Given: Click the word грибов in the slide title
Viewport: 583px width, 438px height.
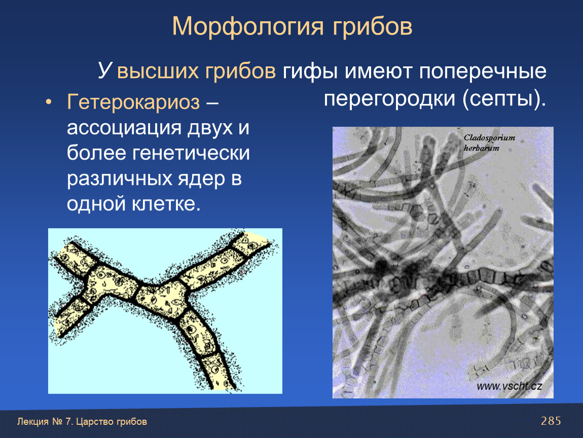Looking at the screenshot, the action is (372, 27).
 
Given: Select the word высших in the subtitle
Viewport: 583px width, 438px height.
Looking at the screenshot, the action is (157, 70).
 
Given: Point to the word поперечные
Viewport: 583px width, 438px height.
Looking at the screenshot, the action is (483, 71).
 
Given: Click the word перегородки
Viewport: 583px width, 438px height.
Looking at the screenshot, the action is (389, 99).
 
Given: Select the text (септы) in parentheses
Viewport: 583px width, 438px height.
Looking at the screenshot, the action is (504, 99).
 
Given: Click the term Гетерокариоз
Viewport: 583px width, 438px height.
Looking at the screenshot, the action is (133, 101).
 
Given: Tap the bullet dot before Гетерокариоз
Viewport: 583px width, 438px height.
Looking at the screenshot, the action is (48, 102).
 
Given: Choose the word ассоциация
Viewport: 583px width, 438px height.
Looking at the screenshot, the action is (124, 128).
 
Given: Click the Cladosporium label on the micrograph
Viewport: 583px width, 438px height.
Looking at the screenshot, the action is (489, 137).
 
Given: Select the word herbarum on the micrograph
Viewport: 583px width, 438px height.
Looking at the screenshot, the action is (481, 148).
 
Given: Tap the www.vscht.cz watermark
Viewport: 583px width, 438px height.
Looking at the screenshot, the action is (509, 386).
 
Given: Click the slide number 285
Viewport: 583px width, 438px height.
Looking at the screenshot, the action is (551, 421).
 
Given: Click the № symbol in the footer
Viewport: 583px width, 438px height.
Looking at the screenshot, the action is (57, 422).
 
